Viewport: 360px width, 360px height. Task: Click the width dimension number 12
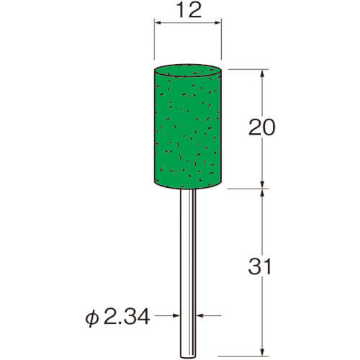tap(189, 11)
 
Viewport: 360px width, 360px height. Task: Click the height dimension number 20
tap(262, 127)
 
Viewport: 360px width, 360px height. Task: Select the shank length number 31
tap(260, 266)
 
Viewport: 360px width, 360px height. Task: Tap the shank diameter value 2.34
tap(127, 318)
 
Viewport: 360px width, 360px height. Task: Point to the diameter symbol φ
tap(92, 319)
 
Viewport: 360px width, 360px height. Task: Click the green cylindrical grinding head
tap(187, 127)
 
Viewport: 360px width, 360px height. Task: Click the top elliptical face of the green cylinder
tap(187, 71)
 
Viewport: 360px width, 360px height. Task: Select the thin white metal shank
tap(188, 274)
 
